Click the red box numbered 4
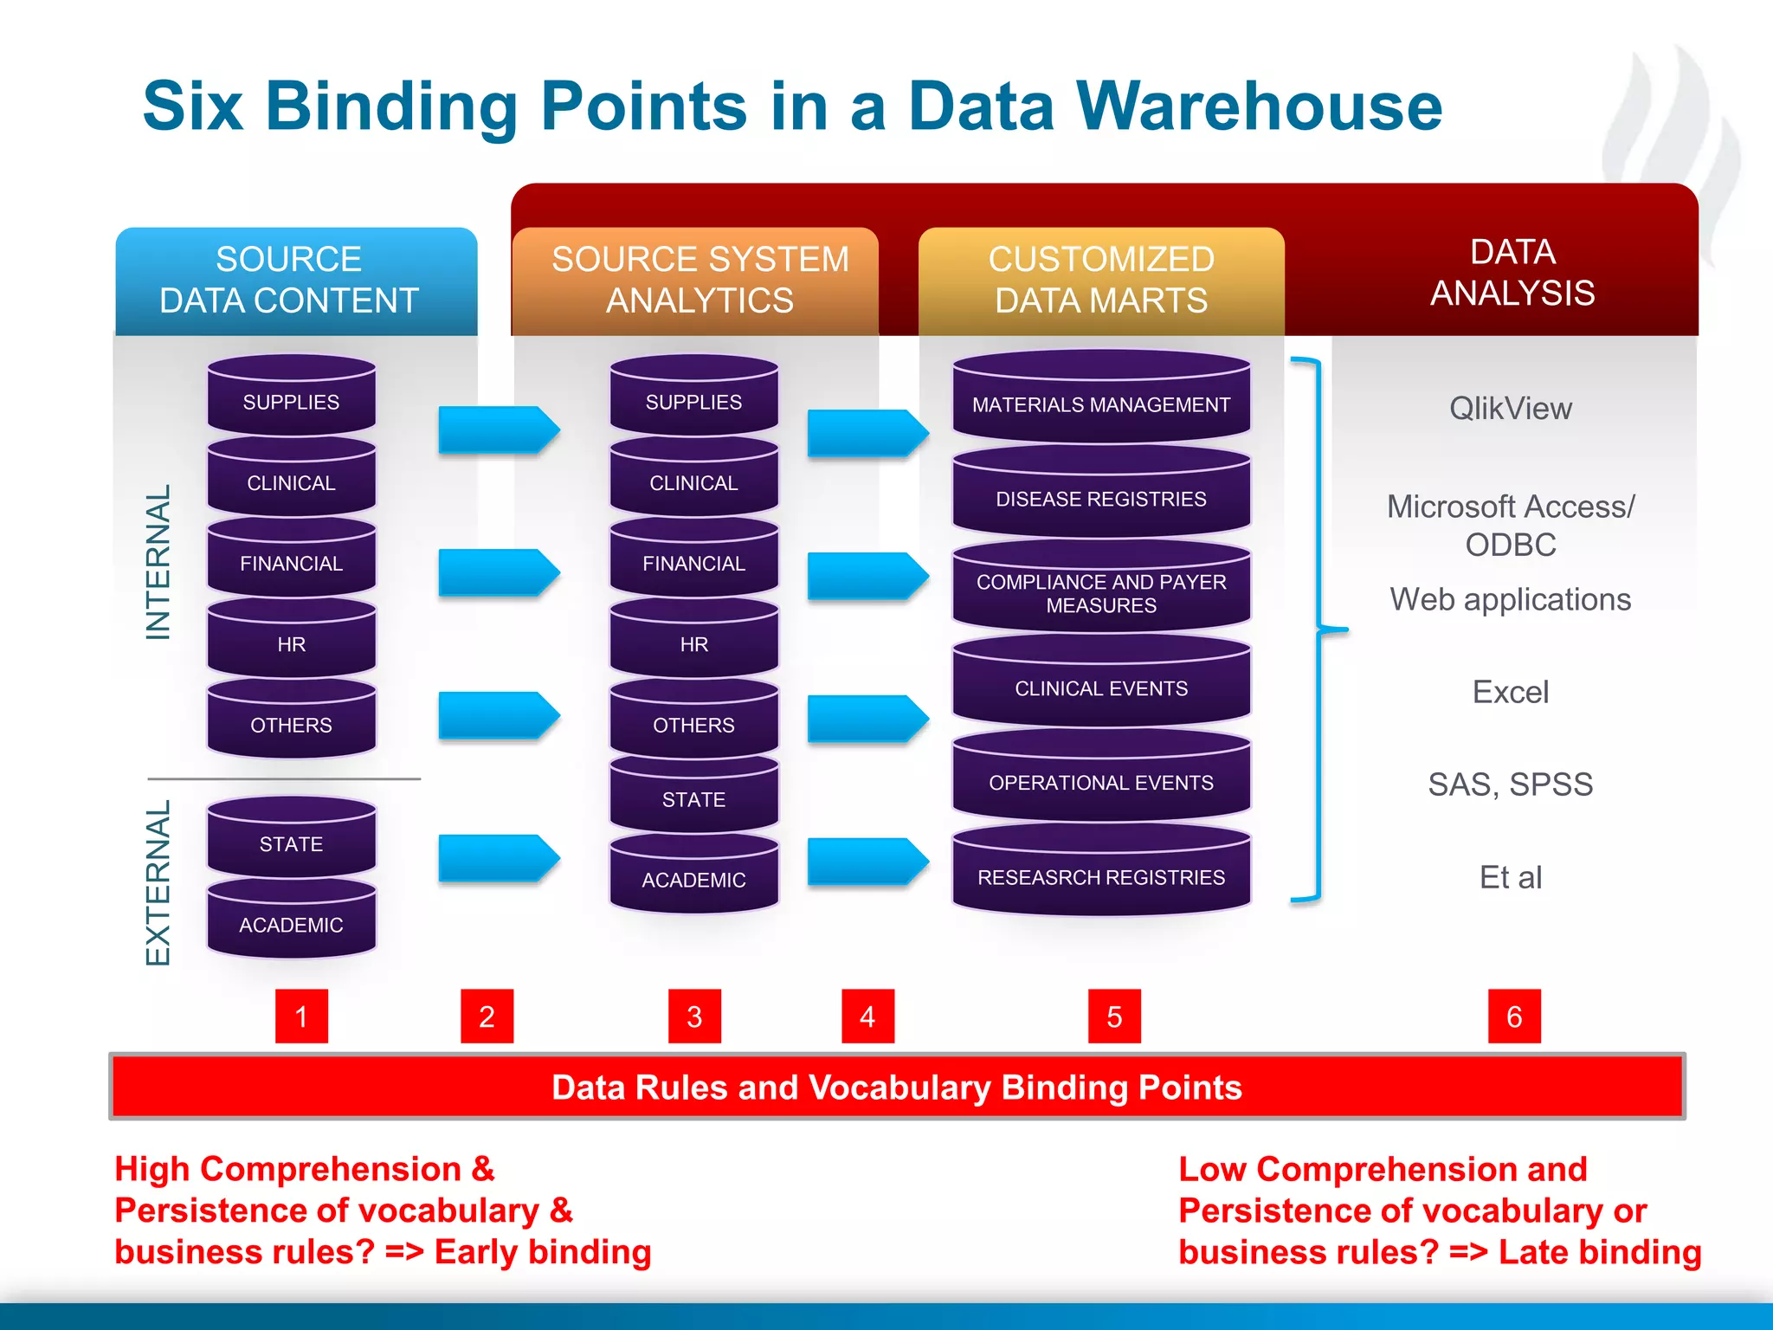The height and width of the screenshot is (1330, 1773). click(x=867, y=1016)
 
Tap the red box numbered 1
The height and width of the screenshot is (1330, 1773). click(x=301, y=1016)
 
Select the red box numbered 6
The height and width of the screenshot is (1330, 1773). click(x=1514, y=1016)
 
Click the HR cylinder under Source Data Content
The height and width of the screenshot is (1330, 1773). click(x=291, y=643)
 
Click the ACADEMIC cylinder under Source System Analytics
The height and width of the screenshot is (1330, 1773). click(x=693, y=879)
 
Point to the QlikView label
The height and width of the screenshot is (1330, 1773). click(x=1511, y=408)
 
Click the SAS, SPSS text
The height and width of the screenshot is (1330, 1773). click(x=1511, y=784)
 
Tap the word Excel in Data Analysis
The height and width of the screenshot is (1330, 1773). click(x=1511, y=692)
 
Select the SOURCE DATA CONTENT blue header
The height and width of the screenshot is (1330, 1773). click(x=295, y=280)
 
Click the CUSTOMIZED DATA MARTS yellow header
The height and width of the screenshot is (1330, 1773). click(x=1100, y=280)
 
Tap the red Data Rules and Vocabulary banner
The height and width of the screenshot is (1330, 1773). click(x=897, y=1087)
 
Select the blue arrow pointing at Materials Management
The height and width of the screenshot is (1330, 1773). click(x=866, y=432)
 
